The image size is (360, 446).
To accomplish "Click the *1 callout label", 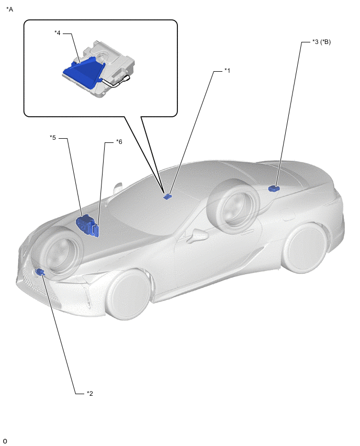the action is pos(227,71).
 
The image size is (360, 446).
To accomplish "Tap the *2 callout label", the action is pos(90,394).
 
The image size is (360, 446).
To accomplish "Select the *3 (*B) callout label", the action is pos(322,42).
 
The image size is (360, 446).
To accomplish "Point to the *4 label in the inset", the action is pos(58,33).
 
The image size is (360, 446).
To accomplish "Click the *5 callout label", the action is pos(53,138).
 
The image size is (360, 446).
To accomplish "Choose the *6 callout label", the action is pos(119,142).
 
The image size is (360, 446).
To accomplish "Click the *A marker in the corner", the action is pos(9,9).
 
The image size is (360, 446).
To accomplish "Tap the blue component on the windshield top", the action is pos(168,196).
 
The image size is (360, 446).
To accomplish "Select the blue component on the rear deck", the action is pos(274,188).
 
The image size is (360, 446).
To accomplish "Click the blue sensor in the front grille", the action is pos(40,272).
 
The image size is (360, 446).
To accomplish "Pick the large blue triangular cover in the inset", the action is pos(84,72).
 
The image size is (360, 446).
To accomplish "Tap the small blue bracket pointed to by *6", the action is pos(96,230).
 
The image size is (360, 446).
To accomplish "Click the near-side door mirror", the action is pos(197,236).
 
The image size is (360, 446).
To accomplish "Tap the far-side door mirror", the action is pos(117,188).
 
